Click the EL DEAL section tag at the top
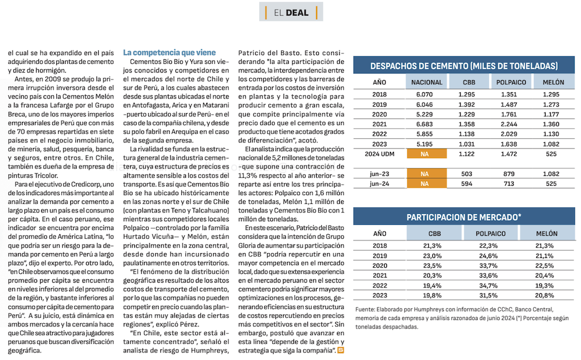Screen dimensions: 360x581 [x=291, y=12]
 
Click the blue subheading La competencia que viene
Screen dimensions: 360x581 [x=169, y=52]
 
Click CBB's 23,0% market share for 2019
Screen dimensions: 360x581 [x=433, y=256]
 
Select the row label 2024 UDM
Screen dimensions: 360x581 [x=379, y=154]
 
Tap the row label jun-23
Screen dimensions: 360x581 [x=379, y=174]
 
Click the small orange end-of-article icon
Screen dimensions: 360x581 [x=341, y=350]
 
